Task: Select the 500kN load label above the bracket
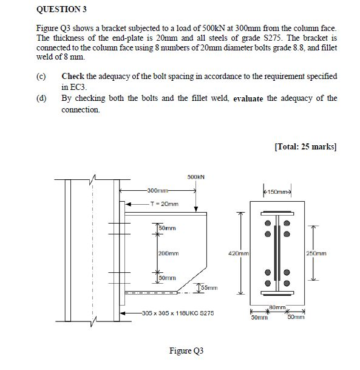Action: click(x=195, y=177)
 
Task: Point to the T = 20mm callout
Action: click(x=164, y=204)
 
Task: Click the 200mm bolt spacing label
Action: click(x=168, y=253)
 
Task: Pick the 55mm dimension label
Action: click(x=208, y=287)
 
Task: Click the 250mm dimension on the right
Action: click(x=316, y=253)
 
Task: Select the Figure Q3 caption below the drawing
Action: click(x=186, y=351)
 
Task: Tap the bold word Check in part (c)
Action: click(x=73, y=77)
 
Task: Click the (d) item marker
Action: click(x=42, y=98)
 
